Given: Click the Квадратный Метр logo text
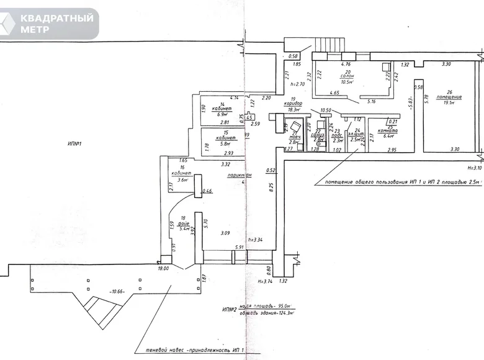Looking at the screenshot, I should coord(58,24).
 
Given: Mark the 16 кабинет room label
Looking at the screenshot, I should coord(181,175).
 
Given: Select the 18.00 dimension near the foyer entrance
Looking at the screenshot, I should coord(164,269).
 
